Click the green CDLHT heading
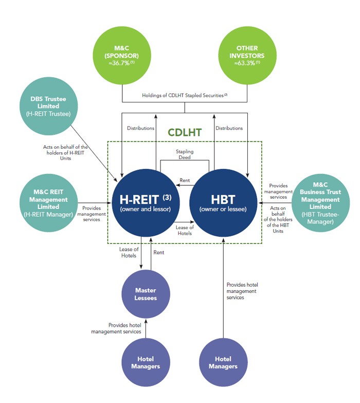185,132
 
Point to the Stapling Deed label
185,154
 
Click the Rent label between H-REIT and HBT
185,181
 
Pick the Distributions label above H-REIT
140,128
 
